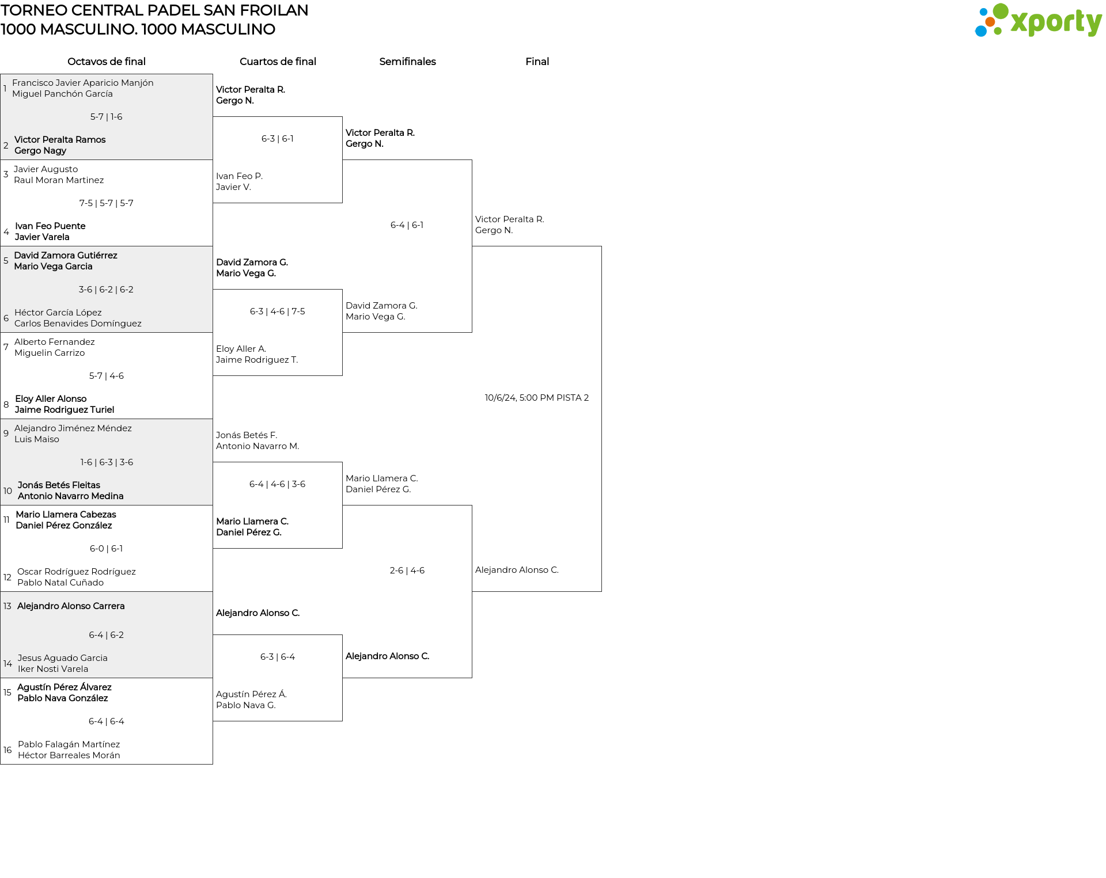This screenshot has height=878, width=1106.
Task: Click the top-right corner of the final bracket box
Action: coord(601,246)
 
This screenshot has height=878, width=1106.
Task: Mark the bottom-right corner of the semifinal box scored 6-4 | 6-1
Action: coord(472,332)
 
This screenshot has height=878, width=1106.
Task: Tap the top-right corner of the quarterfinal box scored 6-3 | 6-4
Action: coord(342,635)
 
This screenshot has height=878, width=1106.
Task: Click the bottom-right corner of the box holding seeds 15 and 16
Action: coord(213,764)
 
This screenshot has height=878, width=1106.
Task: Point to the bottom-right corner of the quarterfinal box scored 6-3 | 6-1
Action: coord(342,203)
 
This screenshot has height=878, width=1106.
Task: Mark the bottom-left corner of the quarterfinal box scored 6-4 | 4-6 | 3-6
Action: coord(213,548)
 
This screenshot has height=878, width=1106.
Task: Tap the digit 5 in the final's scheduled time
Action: coord(522,398)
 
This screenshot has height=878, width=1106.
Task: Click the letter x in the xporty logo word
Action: coord(1020,23)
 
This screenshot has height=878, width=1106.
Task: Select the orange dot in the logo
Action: coord(990,22)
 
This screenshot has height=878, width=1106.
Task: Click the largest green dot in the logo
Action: coord(1001,12)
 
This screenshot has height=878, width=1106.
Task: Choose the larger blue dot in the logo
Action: coord(980,31)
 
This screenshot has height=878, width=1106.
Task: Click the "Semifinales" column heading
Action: coord(407,62)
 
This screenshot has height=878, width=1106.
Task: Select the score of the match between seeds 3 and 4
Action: coord(106,203)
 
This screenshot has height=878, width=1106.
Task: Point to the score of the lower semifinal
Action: coord(407,571)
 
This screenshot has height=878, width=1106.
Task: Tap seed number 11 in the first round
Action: coord(6,520)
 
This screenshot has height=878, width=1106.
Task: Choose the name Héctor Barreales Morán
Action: coord(69,755)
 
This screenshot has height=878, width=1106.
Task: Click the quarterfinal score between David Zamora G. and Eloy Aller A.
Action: coord(278,311)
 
